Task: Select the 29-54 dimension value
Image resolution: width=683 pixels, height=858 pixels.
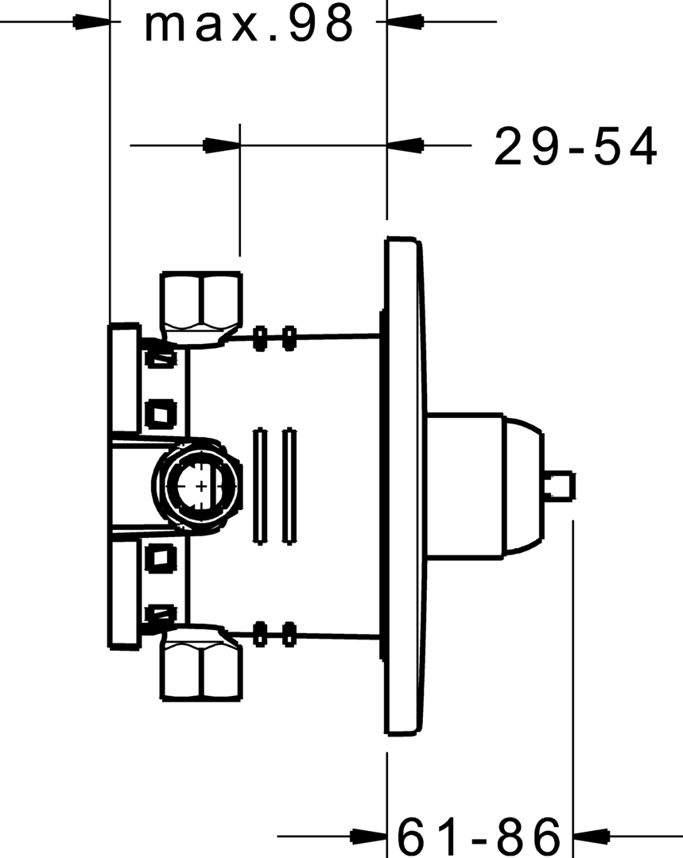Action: [576, 148]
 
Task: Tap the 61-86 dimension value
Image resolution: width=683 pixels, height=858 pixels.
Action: [479, 835]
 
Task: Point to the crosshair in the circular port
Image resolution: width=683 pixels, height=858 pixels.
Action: [202, 485]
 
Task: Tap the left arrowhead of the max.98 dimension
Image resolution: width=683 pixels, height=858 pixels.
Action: [91, 22]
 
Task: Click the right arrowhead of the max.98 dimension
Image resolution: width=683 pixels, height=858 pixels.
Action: [406, 22]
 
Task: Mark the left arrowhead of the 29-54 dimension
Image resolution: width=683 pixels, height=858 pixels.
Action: [222, 145]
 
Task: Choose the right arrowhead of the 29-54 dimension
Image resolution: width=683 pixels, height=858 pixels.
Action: [406, 145]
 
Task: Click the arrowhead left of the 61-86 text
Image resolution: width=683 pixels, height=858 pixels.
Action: [367, 836]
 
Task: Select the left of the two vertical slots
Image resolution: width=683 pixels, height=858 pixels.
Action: [258, 486]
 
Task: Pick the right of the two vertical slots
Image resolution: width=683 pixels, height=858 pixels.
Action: [289, 486]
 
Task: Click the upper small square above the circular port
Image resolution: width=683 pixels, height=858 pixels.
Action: [161, 412]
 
